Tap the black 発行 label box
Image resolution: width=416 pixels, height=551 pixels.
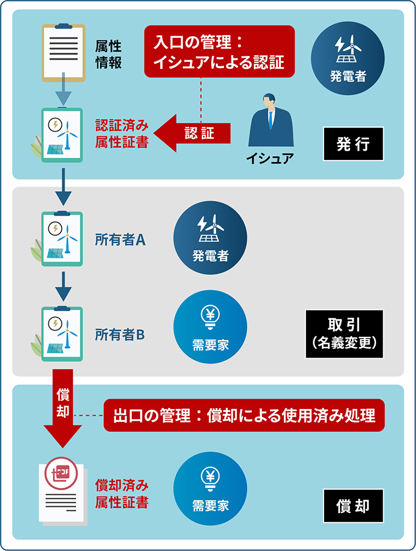pyautogui.click(x=353, y=144)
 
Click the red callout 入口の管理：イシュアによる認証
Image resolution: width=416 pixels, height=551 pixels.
pyautogui.click(x=219, y=51)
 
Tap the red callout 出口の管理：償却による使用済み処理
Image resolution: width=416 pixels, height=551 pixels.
pyautogui.click(x=244, y=416)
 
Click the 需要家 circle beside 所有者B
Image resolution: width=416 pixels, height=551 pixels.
pyautogui.click(x=210, y=327)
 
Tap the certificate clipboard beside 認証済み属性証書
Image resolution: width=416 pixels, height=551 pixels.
pyautogui.click(x=61, y=135)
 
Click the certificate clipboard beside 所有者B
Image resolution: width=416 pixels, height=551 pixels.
pyautogui.click(x=61, y=333)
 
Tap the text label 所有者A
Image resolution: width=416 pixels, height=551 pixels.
pyautogui.click(x=120, y=240)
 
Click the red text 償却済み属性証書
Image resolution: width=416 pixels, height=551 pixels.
pyautogui.click(x=122, y=493)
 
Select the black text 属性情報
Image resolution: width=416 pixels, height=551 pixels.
pyautogui.click(x=108, y=54)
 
